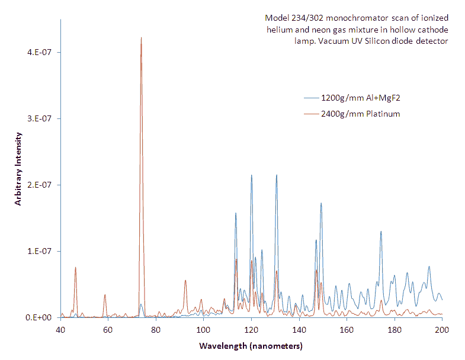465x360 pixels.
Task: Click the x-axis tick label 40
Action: [x=60, y=330]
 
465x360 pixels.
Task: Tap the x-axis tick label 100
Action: [x=203, y=330]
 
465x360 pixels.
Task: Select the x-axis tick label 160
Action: [x=347, y=330]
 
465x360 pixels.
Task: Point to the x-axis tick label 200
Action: [x=442, y=330]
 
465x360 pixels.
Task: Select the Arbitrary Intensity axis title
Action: [x=19, y=169]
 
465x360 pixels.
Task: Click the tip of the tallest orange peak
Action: [x=141, y=37]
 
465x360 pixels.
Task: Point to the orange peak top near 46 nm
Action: [x=75, y=267]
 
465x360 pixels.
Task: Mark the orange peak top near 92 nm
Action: [x=185, y=280]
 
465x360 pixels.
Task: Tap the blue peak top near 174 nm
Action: [x=381, y=231]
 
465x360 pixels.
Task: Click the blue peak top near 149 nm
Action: [x=321, y=203]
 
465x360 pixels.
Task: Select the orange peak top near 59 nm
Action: [x=105, y=294]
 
